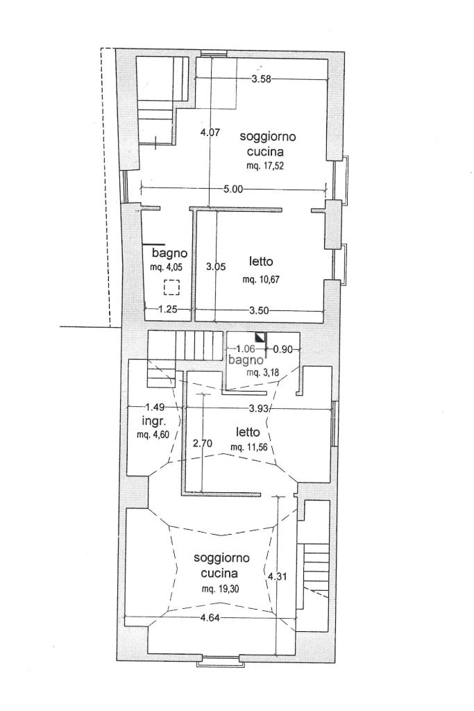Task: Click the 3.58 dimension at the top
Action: coord(261,80)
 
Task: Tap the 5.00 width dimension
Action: coord(233,188)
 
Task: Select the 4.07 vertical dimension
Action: coord(210,133)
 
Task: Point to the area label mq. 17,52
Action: coord(266,166)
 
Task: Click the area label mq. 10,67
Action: coord(261,280)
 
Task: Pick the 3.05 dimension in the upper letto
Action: coord(217,265)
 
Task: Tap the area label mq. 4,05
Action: coord(164,267)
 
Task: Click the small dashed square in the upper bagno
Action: coord(171,286)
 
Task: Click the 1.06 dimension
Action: coord(246,349)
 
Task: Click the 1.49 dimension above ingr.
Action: coord(154,408)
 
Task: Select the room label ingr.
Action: coord(153,421)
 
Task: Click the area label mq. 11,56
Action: coord(247,446)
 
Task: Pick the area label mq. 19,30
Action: coord(220,589)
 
